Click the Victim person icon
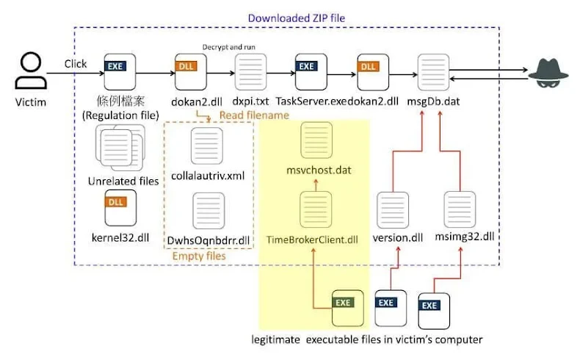30,72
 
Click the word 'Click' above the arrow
76,64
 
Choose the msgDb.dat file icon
432,72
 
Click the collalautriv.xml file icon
206,145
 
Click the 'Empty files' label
198,256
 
